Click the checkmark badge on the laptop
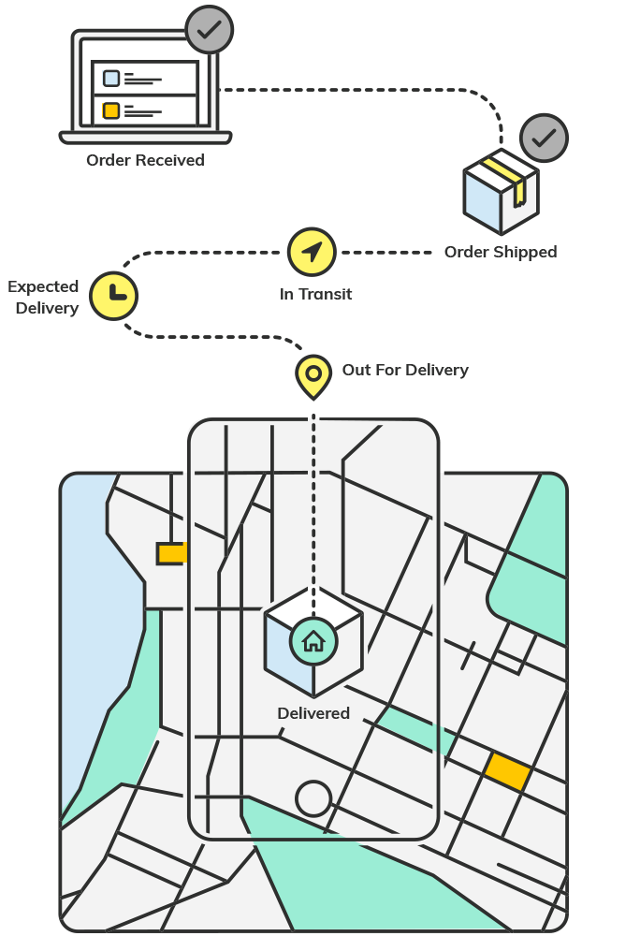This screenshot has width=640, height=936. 209,30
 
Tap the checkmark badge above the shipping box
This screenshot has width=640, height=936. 544,138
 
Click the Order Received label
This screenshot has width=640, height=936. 146,160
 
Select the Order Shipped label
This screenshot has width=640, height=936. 501,252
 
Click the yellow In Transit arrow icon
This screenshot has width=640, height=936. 312,252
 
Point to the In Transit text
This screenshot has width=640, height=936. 315,294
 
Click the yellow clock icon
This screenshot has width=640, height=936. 113,296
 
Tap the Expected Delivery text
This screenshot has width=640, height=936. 43,298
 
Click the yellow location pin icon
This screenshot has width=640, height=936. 313,376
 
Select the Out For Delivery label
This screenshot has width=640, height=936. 405,370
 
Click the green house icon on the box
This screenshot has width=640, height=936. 313,641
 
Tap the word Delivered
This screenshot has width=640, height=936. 313,713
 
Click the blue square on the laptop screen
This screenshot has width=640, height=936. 111,79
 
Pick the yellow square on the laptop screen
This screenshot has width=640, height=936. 111,110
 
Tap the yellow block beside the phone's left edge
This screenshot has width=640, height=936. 172,553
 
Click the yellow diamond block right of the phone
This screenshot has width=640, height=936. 507,772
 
